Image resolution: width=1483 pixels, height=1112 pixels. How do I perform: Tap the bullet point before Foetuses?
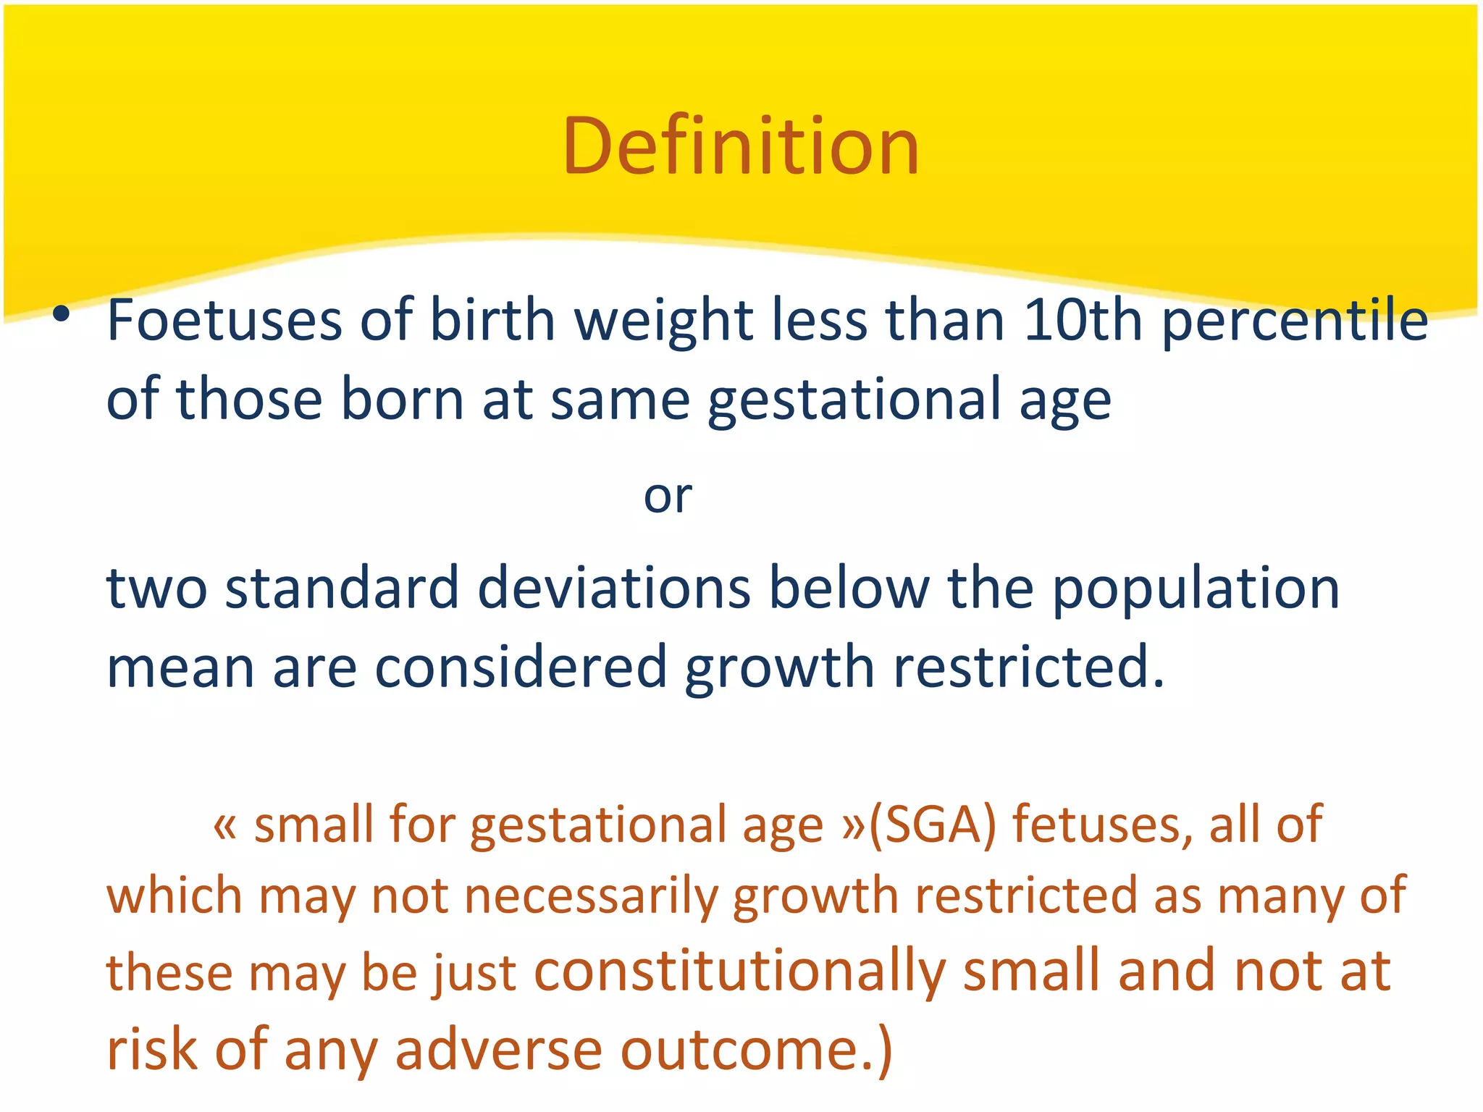coord(62,313)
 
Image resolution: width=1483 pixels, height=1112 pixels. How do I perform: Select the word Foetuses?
coord(224,320)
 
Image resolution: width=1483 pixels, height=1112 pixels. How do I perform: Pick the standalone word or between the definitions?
coord(668,497)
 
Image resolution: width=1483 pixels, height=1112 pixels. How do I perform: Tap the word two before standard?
coord(156,588)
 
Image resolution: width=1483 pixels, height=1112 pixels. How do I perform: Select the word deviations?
coord(614,588)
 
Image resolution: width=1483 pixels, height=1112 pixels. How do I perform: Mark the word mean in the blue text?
coord(180,667)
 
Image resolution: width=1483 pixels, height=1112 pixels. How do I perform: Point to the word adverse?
coord(499,1050)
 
